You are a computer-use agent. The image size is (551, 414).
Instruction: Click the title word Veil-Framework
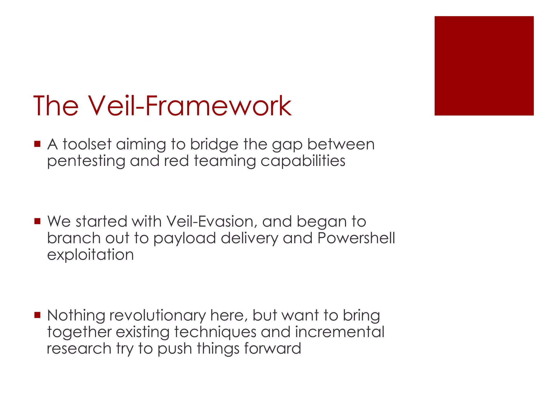pos(189,106)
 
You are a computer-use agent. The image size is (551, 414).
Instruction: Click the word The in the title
pos(56,106)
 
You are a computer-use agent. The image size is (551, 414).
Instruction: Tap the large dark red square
pos(484,66)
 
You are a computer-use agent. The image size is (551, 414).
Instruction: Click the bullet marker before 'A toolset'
pos(37,144)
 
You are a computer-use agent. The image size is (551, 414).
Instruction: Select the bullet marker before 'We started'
pos(37,221)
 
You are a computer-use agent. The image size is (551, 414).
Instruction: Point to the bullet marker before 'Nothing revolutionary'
pos(37,315)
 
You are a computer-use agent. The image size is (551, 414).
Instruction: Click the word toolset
pos(87,144)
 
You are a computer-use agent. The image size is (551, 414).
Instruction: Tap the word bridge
pos(214,145)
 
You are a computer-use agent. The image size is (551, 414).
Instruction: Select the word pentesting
pos(86,161)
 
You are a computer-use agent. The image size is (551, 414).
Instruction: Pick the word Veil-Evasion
pos(210,222)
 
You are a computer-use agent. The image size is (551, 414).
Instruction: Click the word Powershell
pos(356,238)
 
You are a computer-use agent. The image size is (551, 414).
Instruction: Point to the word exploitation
pos(90,255)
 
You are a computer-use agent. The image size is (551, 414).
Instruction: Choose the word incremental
pos(340,332)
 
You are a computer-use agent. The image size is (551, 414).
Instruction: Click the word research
pos(79,349)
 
